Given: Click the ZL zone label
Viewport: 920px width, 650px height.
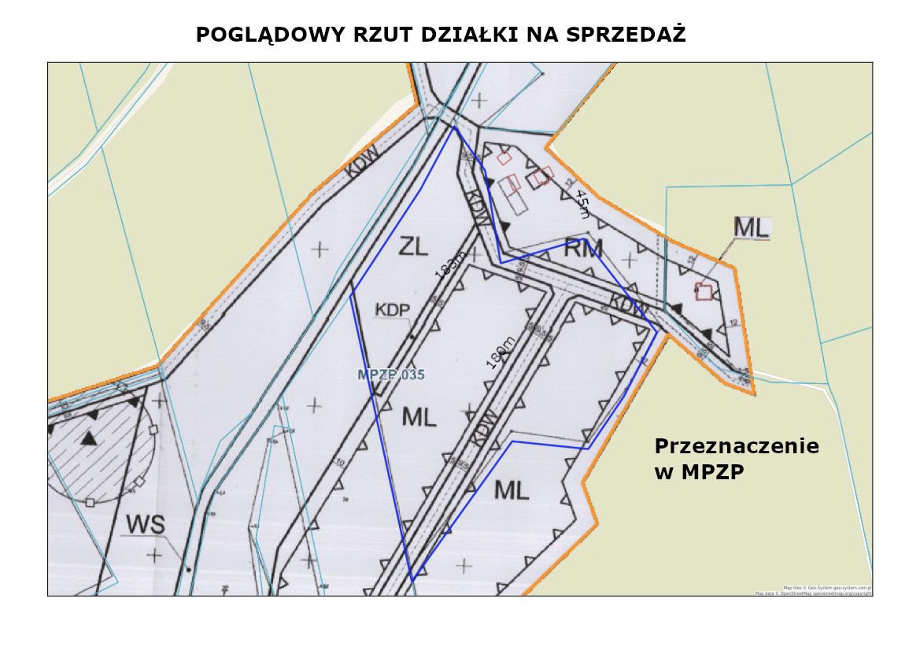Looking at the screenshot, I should pos(414,247).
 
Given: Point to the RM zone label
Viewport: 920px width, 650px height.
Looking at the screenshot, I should pos(583,249).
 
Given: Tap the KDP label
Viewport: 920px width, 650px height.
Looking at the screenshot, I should pos(393,310).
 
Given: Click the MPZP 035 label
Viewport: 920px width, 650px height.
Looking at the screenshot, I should pos(391,375).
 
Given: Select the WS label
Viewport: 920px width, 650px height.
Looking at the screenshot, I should pos(146,524).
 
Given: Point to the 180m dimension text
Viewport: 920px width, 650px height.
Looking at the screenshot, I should pos(501,353).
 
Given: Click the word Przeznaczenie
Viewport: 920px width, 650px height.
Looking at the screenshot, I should pos(737,447).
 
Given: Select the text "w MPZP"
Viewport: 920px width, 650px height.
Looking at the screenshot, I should pos(699,472).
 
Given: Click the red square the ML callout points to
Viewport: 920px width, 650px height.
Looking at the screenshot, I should pos(704,291).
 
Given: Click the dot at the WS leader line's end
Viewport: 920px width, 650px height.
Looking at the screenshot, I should pos(188,568).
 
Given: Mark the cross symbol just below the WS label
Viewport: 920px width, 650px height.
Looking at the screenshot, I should pos(155,555).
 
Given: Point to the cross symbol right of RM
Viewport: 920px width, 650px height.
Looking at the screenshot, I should pos(629,258).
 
